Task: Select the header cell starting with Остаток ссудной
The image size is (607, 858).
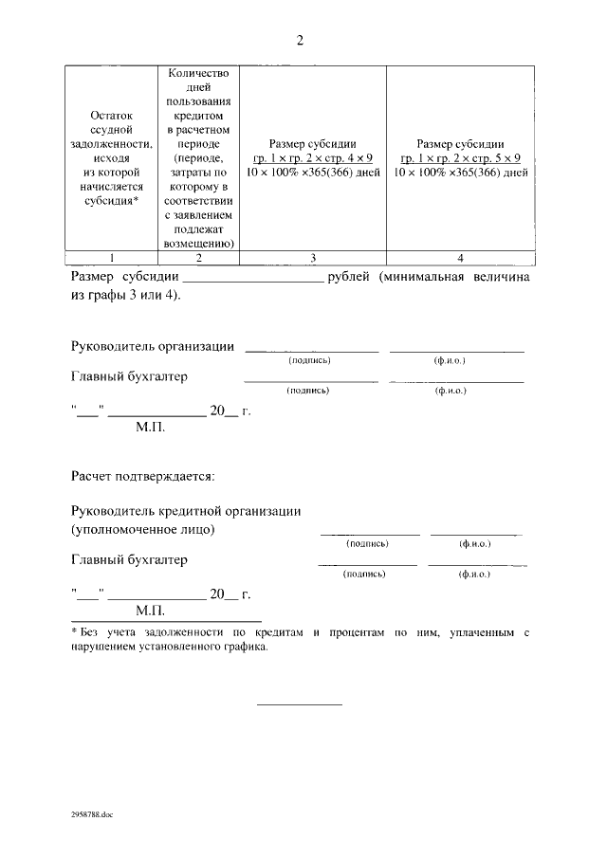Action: click(112, 157)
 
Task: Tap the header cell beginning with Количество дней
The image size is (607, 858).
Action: click(199, 157)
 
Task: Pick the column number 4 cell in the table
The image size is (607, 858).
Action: click(460, 258)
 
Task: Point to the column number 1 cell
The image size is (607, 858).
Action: click(112, 258)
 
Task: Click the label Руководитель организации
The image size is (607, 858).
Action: click(153, 346)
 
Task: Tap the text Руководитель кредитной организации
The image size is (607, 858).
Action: click(186, 511)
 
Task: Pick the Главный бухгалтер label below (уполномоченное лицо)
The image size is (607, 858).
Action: click(129, 559)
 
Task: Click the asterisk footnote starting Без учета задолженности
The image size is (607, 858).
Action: click(299, 631)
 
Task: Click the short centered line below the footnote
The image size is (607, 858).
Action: click(300, 703)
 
